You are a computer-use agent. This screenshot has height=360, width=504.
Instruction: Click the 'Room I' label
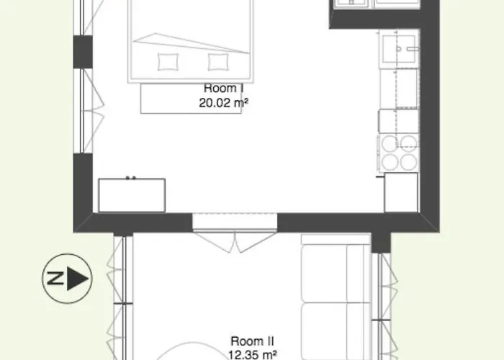pyautogui.click(x=224, y=88)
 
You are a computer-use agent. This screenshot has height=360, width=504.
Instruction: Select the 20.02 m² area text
pyautogui.click(x=224, y=103)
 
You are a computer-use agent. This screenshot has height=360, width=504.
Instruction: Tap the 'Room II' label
pyautogui.click(x=252, y=341)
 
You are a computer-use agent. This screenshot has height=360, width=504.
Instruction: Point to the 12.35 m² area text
pyautogui.click(x=252, y=355)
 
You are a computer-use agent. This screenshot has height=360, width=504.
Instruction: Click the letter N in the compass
pyautogui.click(x=55, y=279)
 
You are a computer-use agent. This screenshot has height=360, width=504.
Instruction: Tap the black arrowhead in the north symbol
pyautogui.click(x=77, y=279)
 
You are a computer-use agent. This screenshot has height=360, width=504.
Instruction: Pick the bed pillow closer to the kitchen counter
pyautogui.click(x=218, y=62)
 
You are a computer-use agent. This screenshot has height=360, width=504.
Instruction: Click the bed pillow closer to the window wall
pyautogui.click(x=168, y=62)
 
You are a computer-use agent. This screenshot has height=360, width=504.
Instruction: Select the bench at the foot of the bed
pyautogui.click(x=192, y=99)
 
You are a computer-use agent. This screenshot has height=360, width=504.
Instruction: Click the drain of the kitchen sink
pyautogui.click(x=399, y=49)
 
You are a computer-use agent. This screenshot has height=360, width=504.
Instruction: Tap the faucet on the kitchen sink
pyautogui.click(x=413, y=49)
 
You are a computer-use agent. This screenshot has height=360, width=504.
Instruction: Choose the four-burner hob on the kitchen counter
pyautogui.click(x=399, y=153)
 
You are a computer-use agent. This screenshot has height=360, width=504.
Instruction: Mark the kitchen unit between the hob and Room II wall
pyautogui.click(x=401, y=192)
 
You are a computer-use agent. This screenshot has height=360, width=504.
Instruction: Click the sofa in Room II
pyautogui.click(x=336, y=297)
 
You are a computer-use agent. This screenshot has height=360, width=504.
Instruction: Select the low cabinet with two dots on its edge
pyautogui.click(x=132, y=195)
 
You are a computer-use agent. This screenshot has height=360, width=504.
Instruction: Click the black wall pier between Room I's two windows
pyautogui.click(x=83, y=52)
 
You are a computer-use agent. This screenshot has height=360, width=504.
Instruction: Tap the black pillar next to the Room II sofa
pyautogui.click(x=381, y=243)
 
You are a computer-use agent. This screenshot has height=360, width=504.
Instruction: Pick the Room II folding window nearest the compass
pyautogui.click(x=119, y=298)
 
